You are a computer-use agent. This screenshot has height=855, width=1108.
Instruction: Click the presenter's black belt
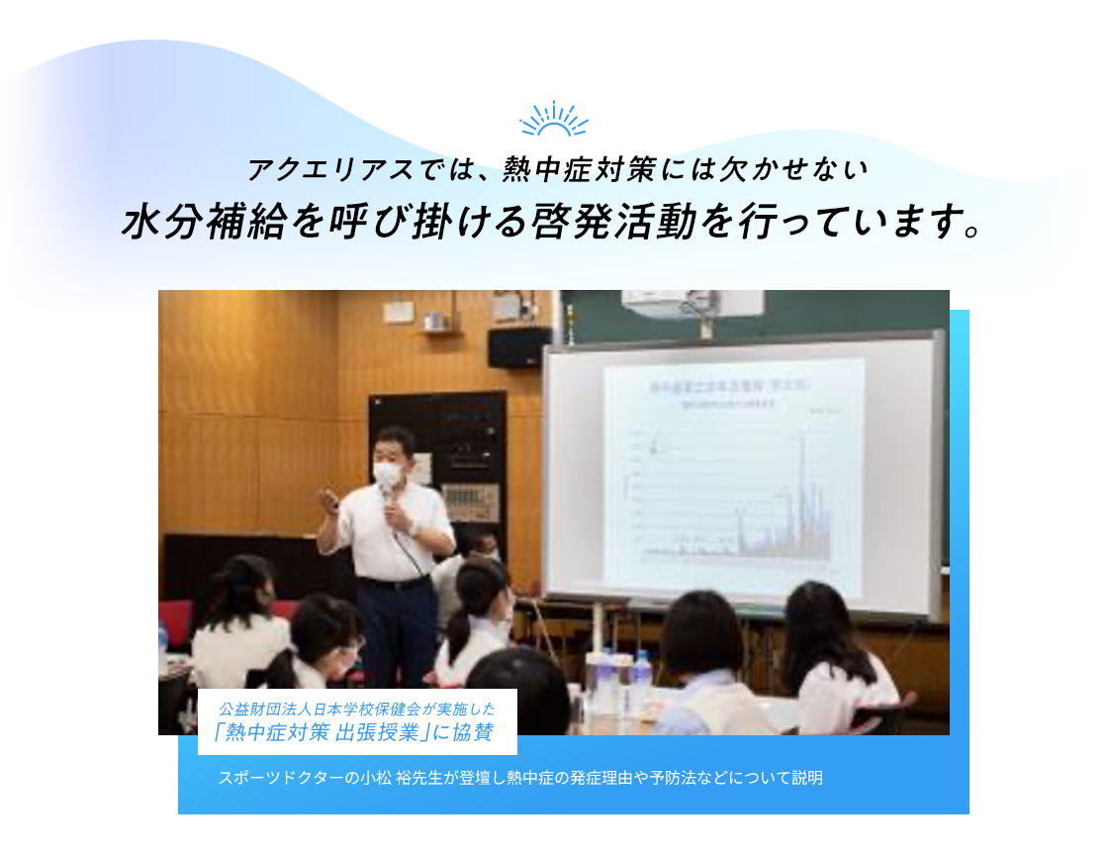[x=395, y=583]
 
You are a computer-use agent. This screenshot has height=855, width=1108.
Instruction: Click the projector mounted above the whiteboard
[x=692, y=303]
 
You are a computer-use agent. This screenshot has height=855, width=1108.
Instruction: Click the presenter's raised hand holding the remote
[x=328, y=501]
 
